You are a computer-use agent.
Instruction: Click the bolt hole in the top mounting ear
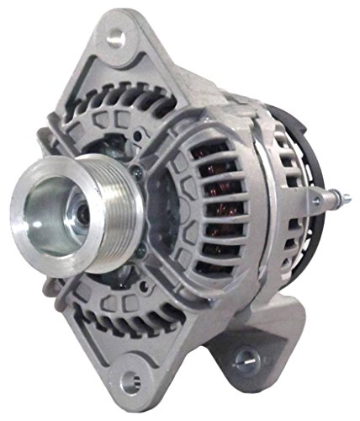(x=116, y=36)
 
